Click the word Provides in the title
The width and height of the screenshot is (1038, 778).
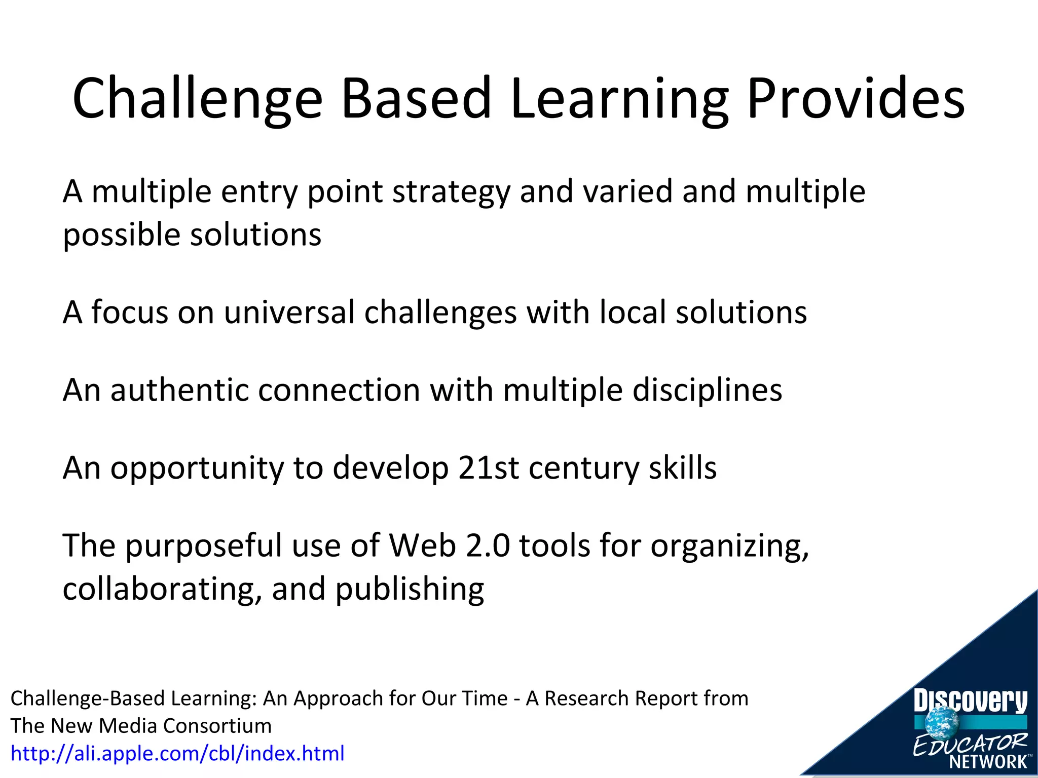[x=856, y=98]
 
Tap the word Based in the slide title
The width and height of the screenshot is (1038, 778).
[x=416, y=98]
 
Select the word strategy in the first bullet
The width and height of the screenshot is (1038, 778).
[x=451, y=192]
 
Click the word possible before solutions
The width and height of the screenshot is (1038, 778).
[x=121, y=236]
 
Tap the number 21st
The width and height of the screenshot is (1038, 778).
[x=488, y=468]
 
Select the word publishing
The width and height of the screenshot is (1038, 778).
[x=410, y=590]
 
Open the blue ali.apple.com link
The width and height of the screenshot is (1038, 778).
[x=177, y=753]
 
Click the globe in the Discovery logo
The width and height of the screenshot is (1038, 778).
[x=942, y=721]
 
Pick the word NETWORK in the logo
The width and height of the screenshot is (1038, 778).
[x=988, y=761]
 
